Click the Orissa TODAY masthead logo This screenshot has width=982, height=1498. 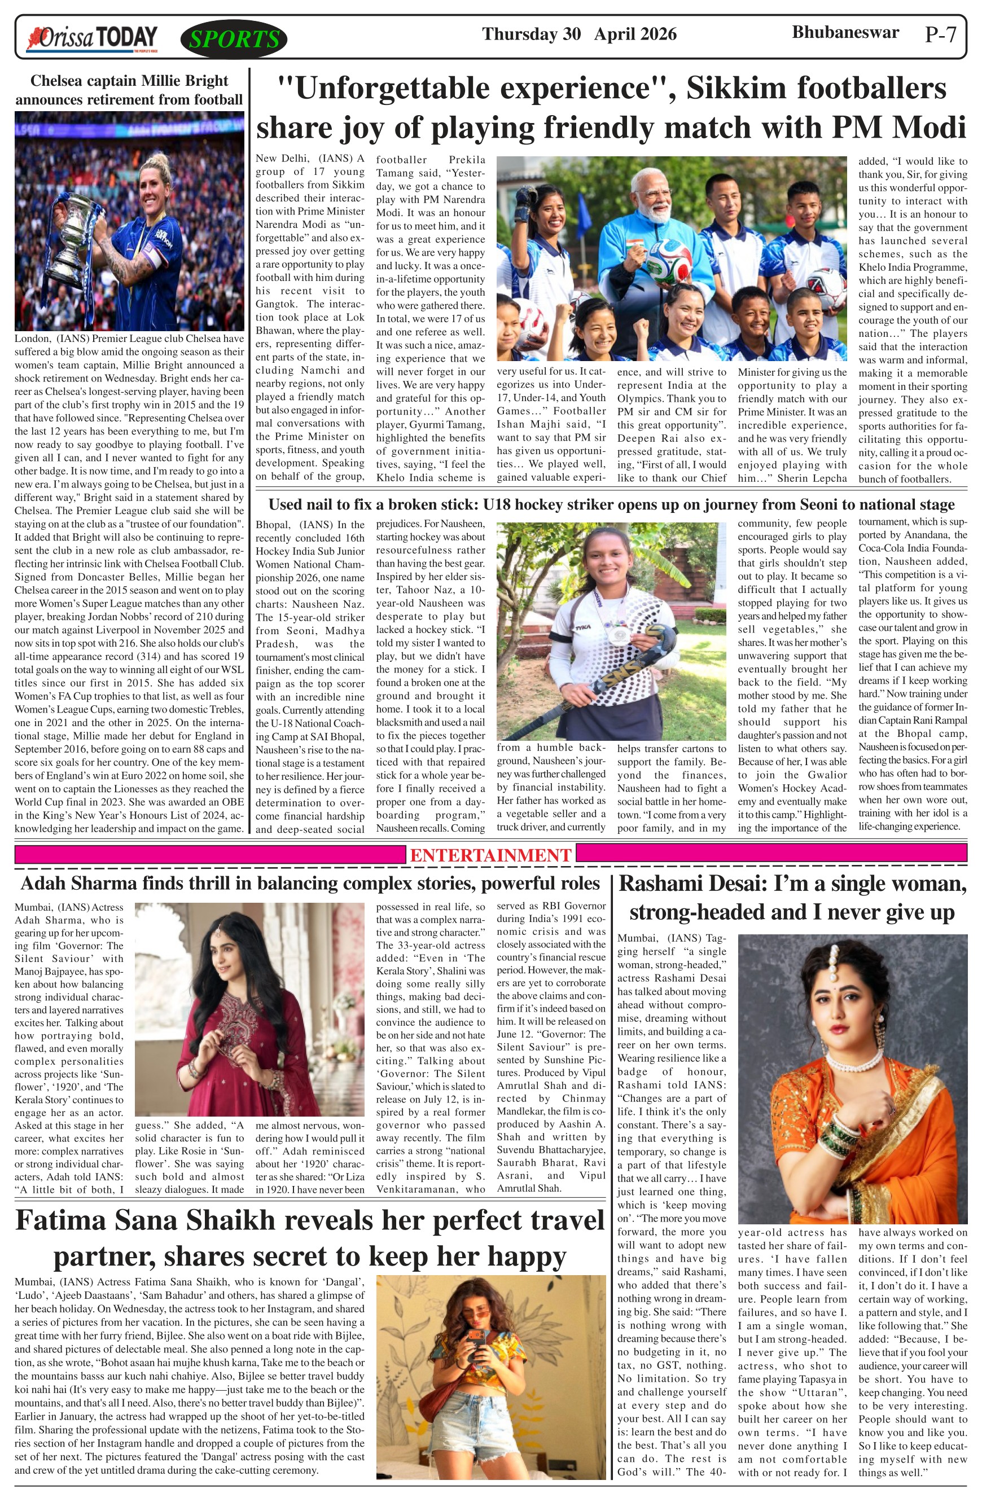pos(91,38)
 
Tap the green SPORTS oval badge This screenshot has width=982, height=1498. pos(234,39)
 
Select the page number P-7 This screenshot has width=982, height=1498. pos(940,34)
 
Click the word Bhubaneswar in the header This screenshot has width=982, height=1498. pos(845,33)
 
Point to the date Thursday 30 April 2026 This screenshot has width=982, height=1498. pos(579,34)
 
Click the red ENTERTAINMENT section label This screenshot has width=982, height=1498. pos(490,855)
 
